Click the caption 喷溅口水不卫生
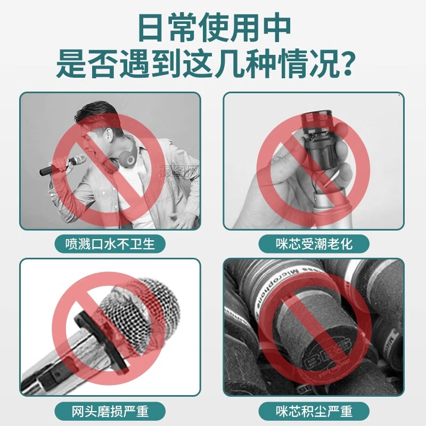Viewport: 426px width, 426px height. click(110, 244)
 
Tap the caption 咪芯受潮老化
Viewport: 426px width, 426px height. click(314, 244)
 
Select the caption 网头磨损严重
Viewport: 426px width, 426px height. click(110, 412)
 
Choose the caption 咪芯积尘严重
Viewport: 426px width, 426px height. click(314, 412)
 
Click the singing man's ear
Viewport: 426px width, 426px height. click(108, 134)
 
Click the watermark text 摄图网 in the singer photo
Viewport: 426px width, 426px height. click(179, 171)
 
